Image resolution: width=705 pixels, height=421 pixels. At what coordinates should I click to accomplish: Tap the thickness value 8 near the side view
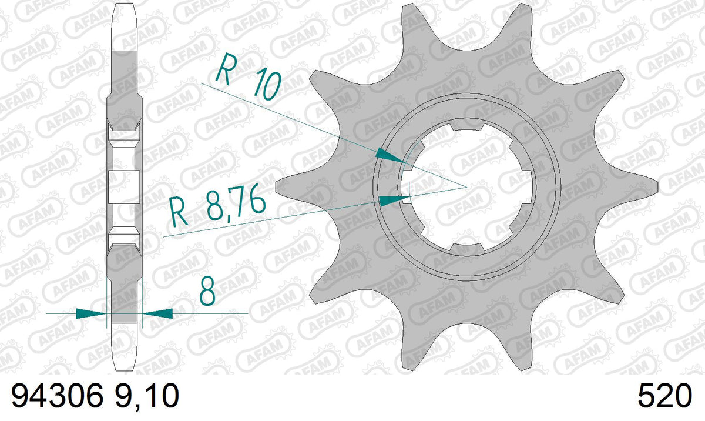coord(207,292)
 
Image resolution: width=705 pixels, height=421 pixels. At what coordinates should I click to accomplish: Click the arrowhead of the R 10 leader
coord(391,156)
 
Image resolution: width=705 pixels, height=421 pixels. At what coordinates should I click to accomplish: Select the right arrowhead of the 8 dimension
coord(157,313)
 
